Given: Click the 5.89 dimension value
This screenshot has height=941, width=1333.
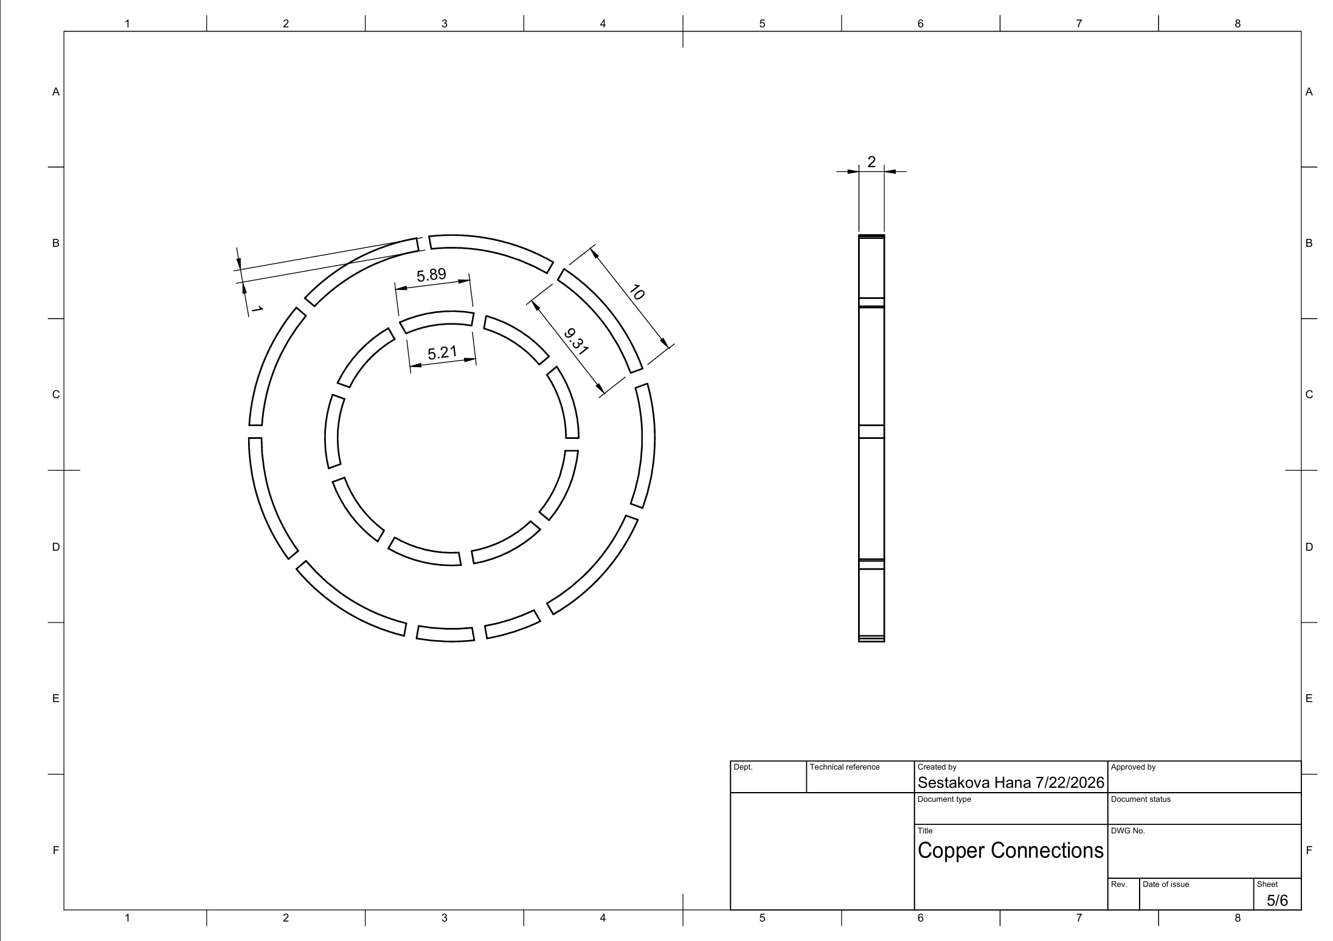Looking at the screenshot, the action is tap(431, 275).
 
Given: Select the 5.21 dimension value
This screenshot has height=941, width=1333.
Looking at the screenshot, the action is tap(442, 353).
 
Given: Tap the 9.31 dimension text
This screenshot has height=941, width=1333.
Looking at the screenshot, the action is tap(575, 342).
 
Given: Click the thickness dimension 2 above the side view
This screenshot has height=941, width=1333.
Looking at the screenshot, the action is tap(871, 162).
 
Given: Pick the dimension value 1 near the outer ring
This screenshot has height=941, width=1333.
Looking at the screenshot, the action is tap(257, 309).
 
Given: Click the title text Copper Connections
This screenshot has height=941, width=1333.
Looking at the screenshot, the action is tap(1010, 850).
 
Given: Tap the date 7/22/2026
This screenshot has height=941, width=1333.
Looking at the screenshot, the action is tap(1070, 782).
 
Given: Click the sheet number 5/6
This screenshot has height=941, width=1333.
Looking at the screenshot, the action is tap(1277, 900).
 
